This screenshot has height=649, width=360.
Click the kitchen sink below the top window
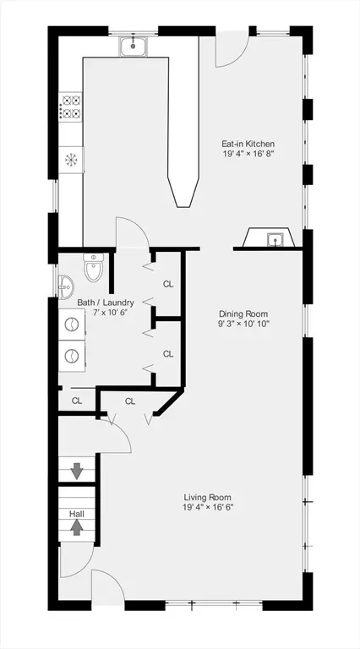(x=133, y=46)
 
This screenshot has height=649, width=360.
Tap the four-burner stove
(x=71, y=106)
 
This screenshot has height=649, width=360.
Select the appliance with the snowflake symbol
(x=71, y=160)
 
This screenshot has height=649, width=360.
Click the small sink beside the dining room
(x=275, y=239)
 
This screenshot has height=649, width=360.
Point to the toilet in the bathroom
(x=94, y=267)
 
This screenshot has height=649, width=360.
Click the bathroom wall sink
(x=66, y=286)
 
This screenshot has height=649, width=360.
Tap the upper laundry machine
(x=72, y=324)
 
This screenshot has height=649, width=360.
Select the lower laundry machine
(x=72, y=356)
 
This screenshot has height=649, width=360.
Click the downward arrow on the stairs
(x=77, y=471)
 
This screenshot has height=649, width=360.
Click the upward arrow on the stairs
(x=77, y=527)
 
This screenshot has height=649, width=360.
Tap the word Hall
(x=77, y=514)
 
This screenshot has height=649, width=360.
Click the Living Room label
(x=208, y=497)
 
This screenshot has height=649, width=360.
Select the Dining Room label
(x=243, y=314)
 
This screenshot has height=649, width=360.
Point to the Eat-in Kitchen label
(x=248, y=144)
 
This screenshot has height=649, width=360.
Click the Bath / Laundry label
(x=106, y=303)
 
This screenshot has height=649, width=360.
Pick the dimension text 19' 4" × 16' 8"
(x=248, y=154)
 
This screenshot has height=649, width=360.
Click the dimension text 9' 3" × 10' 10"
(x=243, y=324)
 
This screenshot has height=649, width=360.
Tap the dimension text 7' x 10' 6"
(x=106, y=312)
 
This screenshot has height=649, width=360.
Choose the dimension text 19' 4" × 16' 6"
(x=208, y=507)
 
